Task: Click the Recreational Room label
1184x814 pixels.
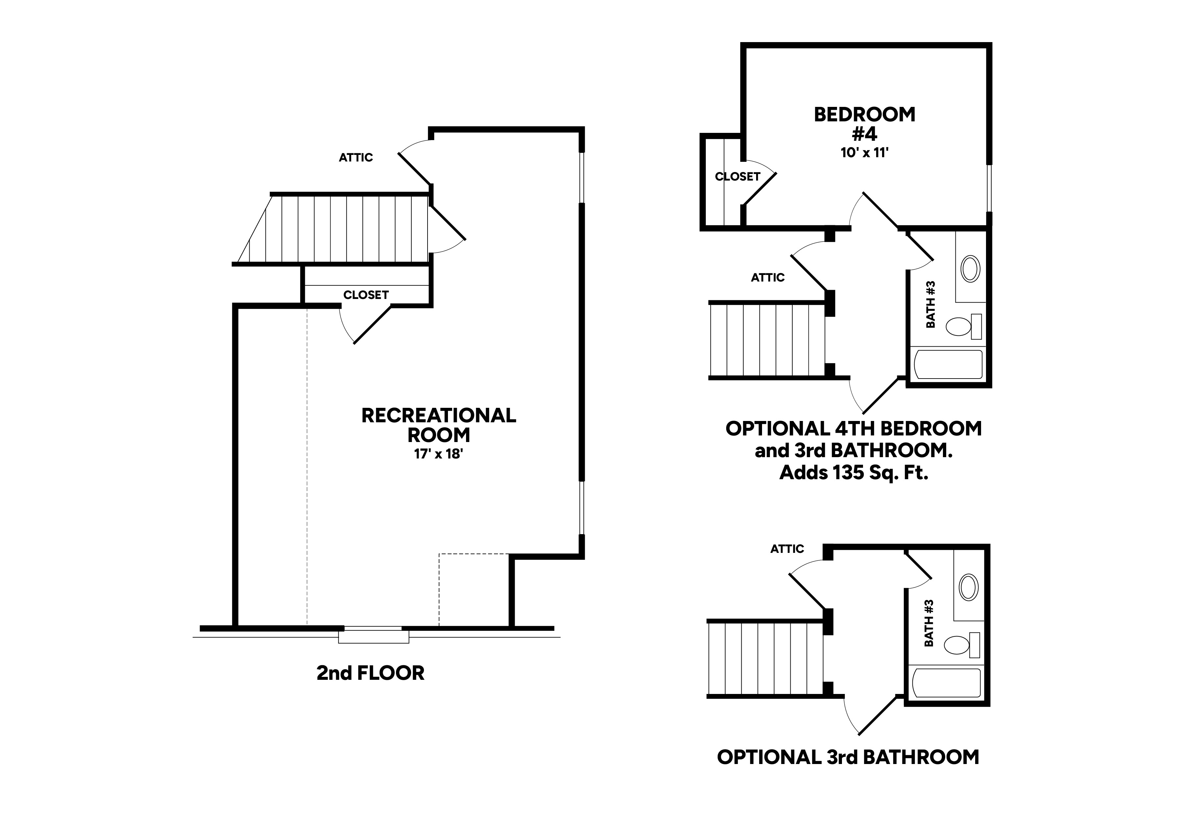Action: pos(438,425)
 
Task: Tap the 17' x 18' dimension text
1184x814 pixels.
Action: pos(438,454)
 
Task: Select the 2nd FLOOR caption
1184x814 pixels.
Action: pos(370,673)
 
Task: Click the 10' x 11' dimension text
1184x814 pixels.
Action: pos(865,153)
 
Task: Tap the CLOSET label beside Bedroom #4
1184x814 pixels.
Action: pos(737,177)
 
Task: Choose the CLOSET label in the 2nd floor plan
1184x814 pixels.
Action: pos(366,295)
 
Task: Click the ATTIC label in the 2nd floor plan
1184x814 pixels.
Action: pos(356,158)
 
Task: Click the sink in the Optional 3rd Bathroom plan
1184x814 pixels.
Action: pos(968,587)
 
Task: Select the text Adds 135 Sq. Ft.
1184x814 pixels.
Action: pos(853,473)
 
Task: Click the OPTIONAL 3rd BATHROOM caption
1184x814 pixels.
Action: pos(848,757)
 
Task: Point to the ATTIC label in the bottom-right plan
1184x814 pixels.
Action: pos(787,549)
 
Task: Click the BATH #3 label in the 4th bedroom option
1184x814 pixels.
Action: pos(930,305)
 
